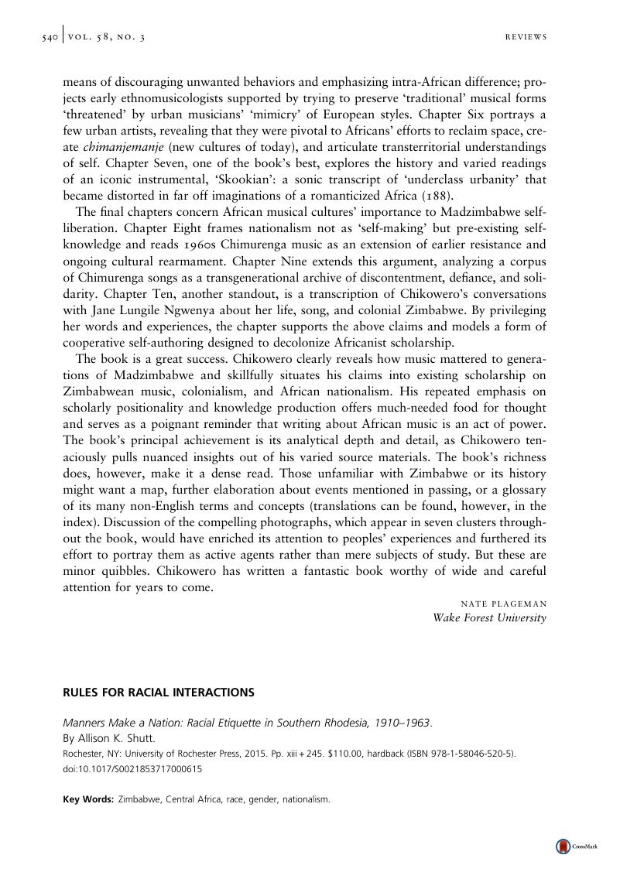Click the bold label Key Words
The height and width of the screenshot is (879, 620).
click(x=88, y=799)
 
